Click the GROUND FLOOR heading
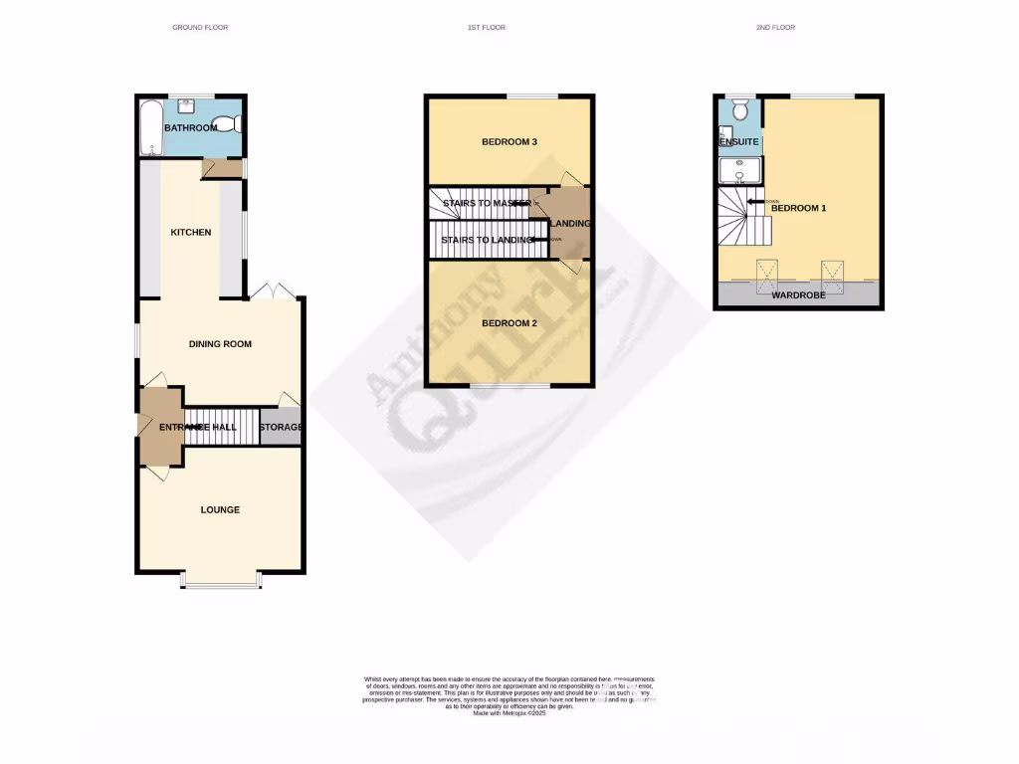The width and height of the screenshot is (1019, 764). (x=200, y=28)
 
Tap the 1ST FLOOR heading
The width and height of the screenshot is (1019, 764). (x=487, y=28)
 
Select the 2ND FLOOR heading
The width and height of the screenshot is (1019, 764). (x=775, y=28)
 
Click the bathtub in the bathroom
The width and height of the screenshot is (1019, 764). (x=152, y=127)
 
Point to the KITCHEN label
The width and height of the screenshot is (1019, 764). (x=191, y=233)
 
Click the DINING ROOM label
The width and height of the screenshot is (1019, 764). (x=220, y=344)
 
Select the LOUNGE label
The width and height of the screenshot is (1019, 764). (x=220, y=510)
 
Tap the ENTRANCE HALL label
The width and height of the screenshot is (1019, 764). (x=198, y=427)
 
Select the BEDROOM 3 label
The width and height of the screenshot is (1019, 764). (x=509, y=142)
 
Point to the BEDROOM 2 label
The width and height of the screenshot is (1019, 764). (x=509, y=324)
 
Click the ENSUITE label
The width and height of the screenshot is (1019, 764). (x=739, y=142)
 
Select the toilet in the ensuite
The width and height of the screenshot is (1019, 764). (x=738, y=111)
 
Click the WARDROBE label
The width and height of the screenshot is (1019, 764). (x=799, y=295)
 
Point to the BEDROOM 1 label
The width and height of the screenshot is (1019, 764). (x=799, y=208)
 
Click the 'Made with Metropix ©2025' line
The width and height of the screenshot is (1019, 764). (x=509, y=713)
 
